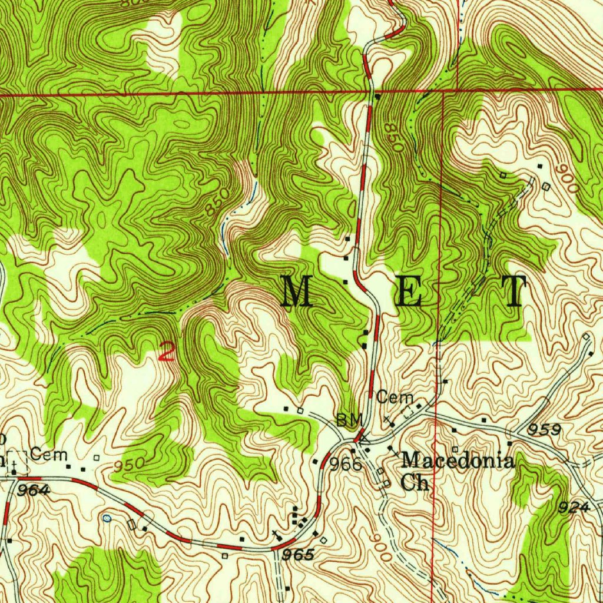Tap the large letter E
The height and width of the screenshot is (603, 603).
[x=408, y=291]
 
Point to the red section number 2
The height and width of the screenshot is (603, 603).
[x=167, y=352]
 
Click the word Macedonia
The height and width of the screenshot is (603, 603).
[x=458, y=460]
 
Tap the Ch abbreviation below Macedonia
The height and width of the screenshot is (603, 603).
[x=416, y=482]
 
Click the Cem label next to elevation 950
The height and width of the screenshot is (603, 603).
[x=49, y=455]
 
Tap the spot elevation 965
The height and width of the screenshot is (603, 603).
[x=297, y=555]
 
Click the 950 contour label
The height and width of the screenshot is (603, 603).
[x=128, y=465]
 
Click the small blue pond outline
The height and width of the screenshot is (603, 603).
[x=107, y=518]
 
